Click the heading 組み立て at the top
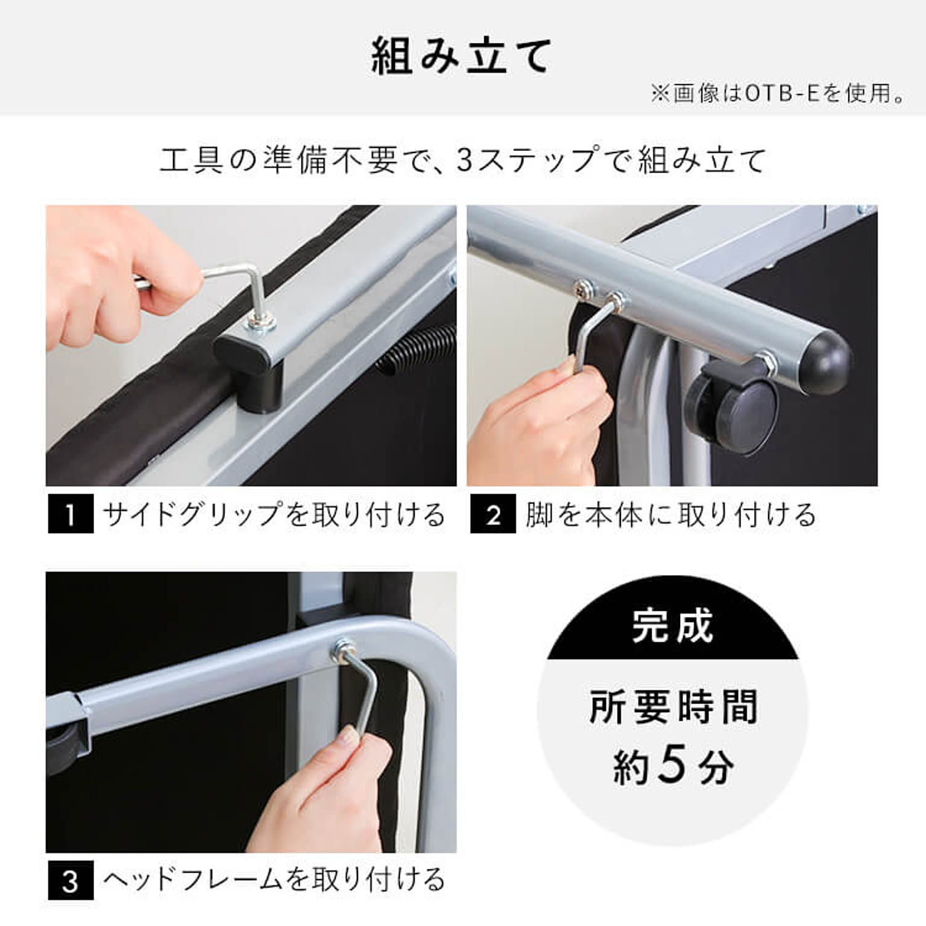pos(461,57)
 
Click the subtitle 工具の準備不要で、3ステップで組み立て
pos(463,160)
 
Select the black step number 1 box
pos(71,514)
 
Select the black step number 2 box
pos(493,514)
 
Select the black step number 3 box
pos(71,881)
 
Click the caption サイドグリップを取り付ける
pos(274,514)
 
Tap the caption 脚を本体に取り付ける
pos(670,514)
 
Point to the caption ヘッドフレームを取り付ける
pos(274,880)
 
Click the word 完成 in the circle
pos(672,627)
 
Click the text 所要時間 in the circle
pos(672,707)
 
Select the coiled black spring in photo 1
pos(416,350)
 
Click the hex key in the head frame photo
pos(362,693)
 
